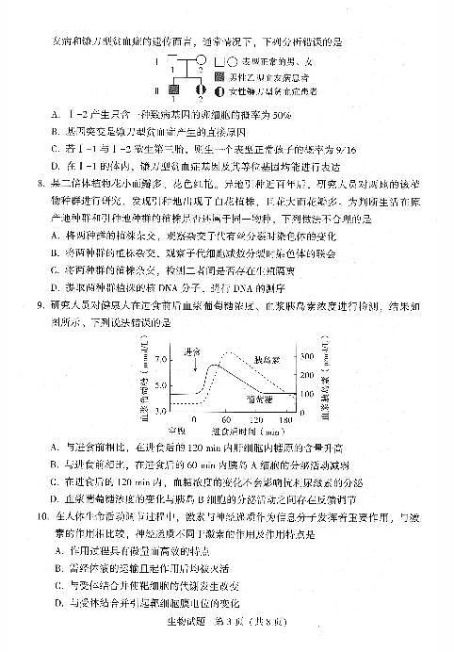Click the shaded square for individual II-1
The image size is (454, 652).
click(x=173, y=90)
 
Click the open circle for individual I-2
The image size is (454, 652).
click(x=201, y=64)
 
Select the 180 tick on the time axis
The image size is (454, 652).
click(x=285, y=419)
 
